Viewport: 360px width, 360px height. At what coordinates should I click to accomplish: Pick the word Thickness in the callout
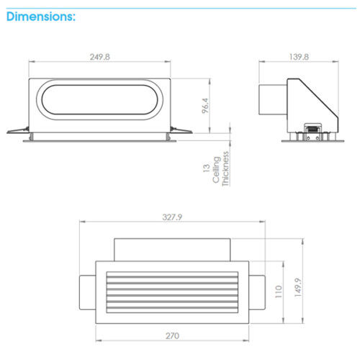point(226,169)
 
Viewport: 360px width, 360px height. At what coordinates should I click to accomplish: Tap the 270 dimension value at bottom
point(171,336)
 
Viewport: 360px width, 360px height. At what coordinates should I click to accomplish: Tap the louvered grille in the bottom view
point(171,293)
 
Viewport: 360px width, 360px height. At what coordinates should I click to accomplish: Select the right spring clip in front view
point(181,131)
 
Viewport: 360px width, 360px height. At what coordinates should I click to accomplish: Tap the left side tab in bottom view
point(86,293)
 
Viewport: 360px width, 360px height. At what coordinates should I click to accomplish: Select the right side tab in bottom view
point(257,293)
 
